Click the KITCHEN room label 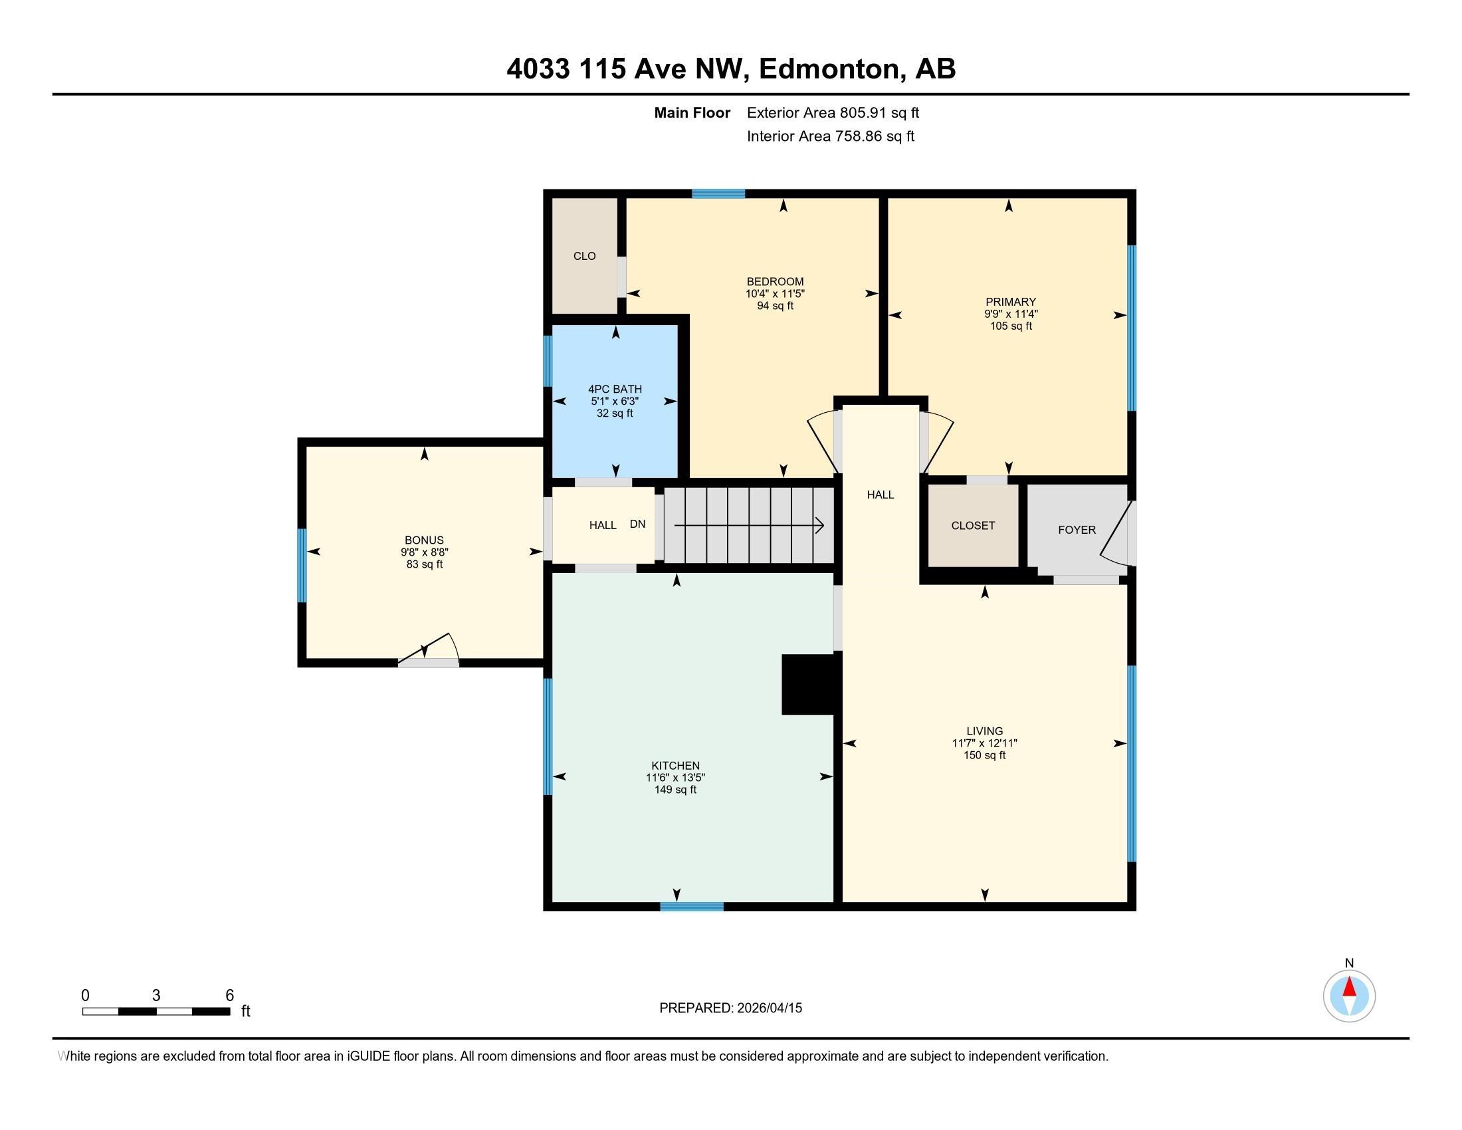click(675, 765)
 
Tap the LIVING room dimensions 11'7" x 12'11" click(985, 743)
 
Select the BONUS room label click(424, 540)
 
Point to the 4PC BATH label click(615, 389)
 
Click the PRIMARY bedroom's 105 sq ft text click(1011, 326)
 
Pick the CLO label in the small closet click(584, 256)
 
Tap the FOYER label click(1077, 530)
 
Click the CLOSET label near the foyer click(973, 526)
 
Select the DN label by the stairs click(637, 524)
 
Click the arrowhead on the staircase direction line click(819, 526)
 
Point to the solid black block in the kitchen click(808, 684)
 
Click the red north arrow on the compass click(1349, 987)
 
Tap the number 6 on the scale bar click(230, 996)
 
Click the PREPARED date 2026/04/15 click(769, 1008)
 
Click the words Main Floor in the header click(692, 112)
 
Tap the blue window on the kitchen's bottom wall click(692, 907)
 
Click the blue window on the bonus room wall click(302, 566)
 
